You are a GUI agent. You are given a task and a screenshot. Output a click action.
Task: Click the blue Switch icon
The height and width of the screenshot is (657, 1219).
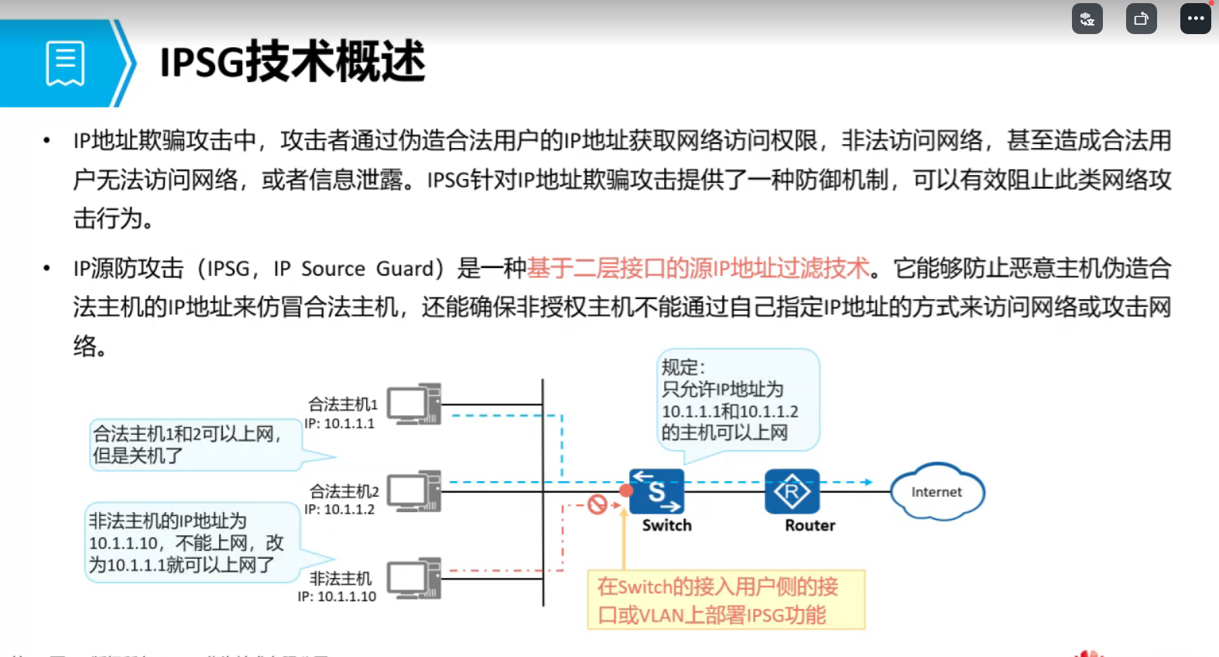coord(656,491)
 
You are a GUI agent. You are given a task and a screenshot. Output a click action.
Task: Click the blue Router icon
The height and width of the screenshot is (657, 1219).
coord(792,491)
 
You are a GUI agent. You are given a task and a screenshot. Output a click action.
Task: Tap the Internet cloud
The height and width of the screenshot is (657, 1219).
coord(937,492)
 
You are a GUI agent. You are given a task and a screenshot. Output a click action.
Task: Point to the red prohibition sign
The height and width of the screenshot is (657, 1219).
coord(597,505)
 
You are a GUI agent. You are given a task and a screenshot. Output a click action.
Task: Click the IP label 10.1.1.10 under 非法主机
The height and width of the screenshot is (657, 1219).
coord(337,597)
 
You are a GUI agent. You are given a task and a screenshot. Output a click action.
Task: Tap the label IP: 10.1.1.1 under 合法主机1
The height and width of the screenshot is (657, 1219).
coord(339,424)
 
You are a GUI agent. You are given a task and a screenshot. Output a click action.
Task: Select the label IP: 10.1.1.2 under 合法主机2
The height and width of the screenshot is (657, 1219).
coord(339,510)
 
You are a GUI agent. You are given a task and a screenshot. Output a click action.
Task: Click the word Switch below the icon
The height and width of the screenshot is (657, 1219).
coord(666,525)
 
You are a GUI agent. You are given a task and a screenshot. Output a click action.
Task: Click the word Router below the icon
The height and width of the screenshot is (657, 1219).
coord(810,525)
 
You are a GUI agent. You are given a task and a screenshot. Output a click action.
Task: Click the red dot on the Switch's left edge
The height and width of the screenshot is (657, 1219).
coord(626,490)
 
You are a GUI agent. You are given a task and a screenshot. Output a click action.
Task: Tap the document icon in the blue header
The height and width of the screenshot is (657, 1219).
coord(65,63)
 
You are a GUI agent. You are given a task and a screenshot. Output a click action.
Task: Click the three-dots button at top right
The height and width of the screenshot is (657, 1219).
coord(1195,19)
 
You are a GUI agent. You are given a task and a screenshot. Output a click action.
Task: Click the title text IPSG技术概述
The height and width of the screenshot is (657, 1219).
coord(293,62)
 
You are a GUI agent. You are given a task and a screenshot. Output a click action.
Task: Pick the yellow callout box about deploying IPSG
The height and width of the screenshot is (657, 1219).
coord(725,600)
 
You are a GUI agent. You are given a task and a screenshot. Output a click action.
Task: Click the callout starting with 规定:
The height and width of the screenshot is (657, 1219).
coord(737,400)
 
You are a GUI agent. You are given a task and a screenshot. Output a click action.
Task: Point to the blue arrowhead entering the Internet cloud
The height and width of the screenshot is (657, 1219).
coord(868,482)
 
